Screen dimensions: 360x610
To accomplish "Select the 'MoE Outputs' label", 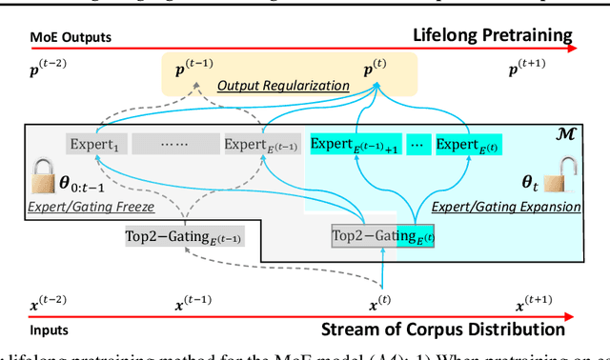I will click(70, 38).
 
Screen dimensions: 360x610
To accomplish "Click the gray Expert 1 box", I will click(95, 145).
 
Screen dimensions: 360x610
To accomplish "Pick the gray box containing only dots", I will click(172, 145).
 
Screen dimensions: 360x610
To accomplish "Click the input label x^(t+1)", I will click(536, 307).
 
